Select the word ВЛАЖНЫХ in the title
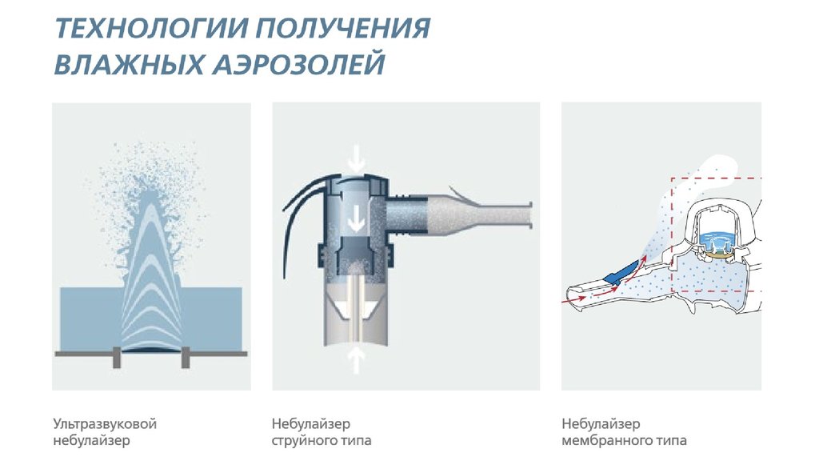click(x=129, y=64)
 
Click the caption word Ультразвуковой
click(x=105, y=423)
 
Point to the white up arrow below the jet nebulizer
click(x=357, y=361)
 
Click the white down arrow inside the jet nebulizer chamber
click(x=357, y=218)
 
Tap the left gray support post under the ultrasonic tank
click(x=117, y=358)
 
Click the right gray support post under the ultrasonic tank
click(x=186, y=358)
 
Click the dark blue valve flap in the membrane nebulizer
click(x=621, y=273)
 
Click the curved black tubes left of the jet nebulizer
click(x=303, y=214)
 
